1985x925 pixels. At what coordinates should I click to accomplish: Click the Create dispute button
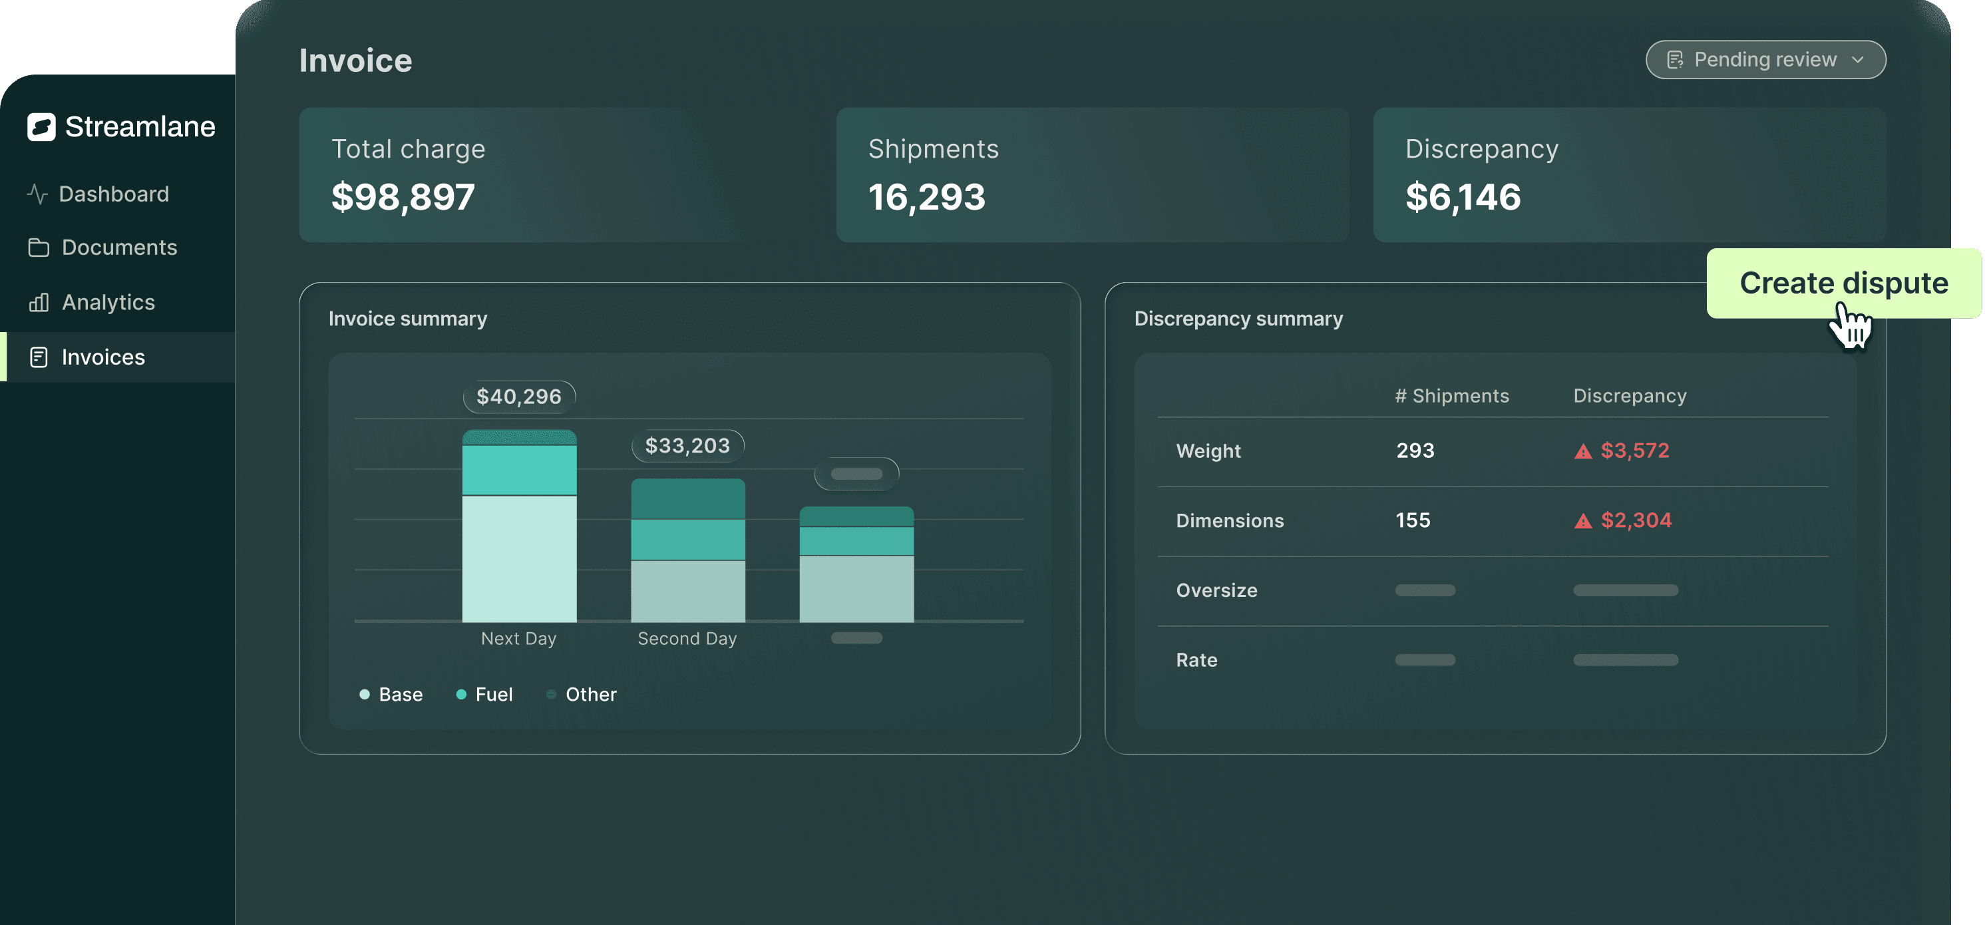point(1843,283)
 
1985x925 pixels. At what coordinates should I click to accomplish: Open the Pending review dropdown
point(1765,59)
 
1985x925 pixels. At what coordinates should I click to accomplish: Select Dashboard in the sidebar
point(113,194)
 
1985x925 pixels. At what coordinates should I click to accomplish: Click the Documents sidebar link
point(118,248)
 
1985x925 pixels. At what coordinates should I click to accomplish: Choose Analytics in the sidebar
point(108,302)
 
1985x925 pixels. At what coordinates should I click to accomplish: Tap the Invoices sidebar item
point(102,357)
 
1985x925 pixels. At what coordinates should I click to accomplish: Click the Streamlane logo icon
point(41,126)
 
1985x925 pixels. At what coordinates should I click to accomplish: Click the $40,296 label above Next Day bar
point(518,396)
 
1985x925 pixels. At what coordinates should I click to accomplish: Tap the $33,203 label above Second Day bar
point(687,446)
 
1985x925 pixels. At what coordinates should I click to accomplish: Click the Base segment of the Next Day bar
point(518,558)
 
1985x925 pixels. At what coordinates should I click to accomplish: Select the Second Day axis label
point(687,638)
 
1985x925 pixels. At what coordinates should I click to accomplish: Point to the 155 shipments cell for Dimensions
point(1413,520)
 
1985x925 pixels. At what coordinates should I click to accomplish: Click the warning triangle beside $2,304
point(1583,522)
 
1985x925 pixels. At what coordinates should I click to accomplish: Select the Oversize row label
point(1216,590)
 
